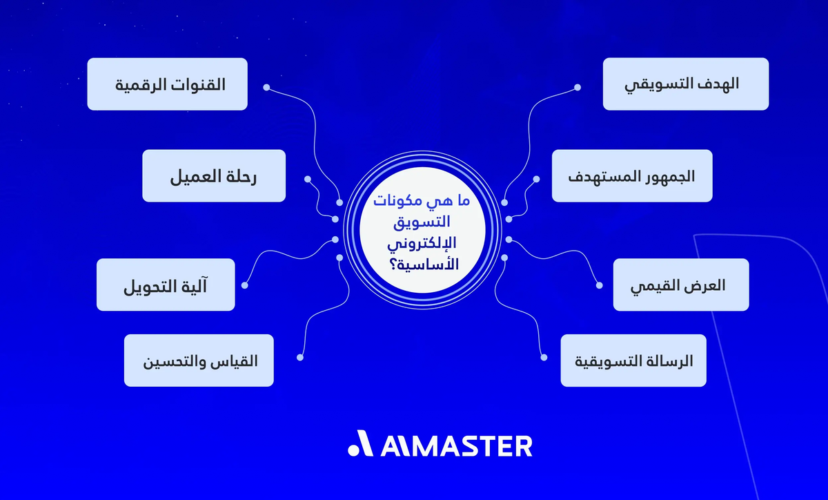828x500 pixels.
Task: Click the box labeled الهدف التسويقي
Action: (x=685, y=84)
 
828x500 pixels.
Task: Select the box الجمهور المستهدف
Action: (x=631, y=176)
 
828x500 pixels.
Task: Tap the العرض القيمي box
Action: (x=680, y=285)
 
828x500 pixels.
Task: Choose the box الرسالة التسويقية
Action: (x=633, y=360)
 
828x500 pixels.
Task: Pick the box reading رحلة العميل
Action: (x=214, y=176)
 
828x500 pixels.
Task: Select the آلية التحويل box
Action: (x=166, y=285)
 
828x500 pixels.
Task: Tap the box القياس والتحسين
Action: (x=199, y=360)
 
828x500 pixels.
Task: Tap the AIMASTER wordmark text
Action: (x=456, y=445)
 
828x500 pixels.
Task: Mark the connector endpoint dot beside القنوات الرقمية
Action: (x=267, y=88)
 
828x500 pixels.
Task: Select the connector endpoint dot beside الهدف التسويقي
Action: (x=577, y=88)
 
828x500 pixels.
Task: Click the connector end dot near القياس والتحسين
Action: (x=299, y=356)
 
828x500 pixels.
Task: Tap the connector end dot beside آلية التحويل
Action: (x=244, y=285)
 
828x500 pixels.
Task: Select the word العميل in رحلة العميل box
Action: (x=194, y=176)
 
